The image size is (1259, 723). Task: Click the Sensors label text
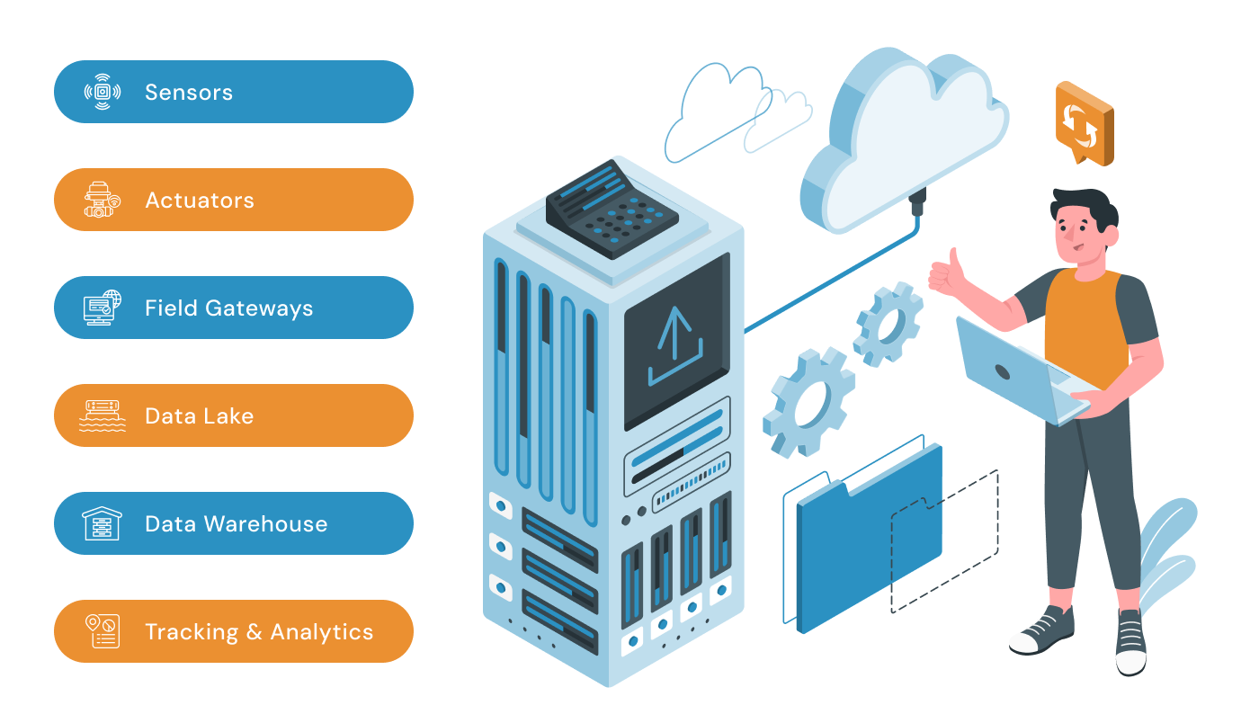click(x=189, y=92)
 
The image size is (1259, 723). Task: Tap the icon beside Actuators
click(x=103, y=200)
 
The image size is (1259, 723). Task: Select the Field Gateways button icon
click(x=103, y=308)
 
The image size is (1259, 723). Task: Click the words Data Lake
click(x=200, y=415)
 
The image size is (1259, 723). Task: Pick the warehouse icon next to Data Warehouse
click(x=103, y=523)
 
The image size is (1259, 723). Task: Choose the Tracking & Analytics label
click(x=259, y=631)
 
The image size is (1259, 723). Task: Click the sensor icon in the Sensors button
click(x=103, y=92)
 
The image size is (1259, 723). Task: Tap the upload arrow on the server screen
click(x=674, y=346)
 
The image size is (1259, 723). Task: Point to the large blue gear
click(x=808, y=400)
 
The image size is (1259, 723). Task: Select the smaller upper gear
click(x=888, y=324)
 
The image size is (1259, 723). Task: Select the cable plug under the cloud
click(x=917, y=203)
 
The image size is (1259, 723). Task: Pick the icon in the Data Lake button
click(x=103, y=415)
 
